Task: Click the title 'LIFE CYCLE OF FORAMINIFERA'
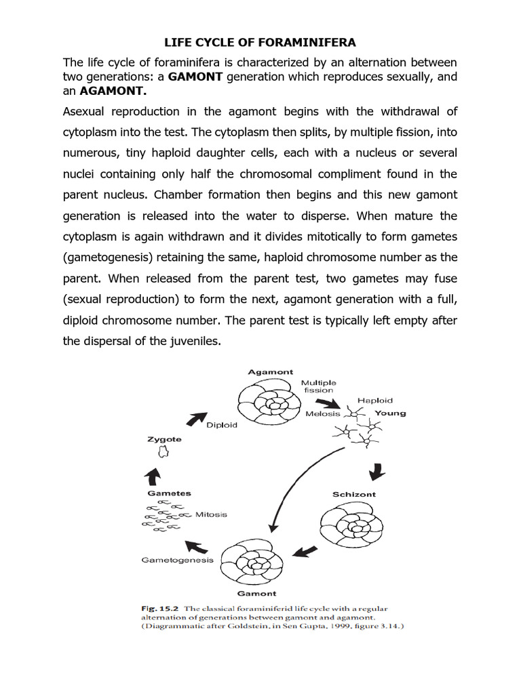(x=260, y=43)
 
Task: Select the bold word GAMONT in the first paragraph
(x=195, y=77)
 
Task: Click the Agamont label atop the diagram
(x=270, y=372)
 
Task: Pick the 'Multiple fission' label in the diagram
(x=318, y=386)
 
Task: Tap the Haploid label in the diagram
(x=374, y=401)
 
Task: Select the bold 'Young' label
(x=390, y=413)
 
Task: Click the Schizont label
(x=353, y=494)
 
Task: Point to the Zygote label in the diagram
(x=164, y=439)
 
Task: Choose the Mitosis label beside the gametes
(x=211, y=514)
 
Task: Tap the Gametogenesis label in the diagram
(x=177, y=560)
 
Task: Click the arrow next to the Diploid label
(x=197, y=419)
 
